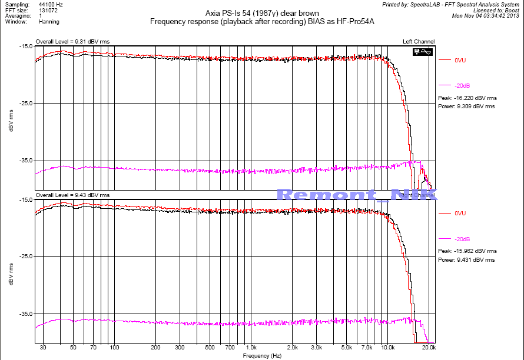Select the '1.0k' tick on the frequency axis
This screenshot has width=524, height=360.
click(x=251, y=348)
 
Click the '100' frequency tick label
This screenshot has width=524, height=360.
click(x=114, y=348)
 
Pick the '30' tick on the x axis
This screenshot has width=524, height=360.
click(x=43, y=348)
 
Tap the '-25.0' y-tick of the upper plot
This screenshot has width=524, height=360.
click(x=25, y=104)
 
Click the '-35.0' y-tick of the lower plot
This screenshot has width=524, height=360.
click(x=25, y=314)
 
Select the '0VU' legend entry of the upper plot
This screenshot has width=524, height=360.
click(x=460, y=60)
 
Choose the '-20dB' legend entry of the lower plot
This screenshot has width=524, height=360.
click(x=462, y=239)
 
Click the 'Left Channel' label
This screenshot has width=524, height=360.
click(x=419, y=41)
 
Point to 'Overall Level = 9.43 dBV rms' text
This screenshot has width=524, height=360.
click(x=72, y=195)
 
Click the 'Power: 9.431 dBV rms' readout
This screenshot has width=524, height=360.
click(x=467, y=259)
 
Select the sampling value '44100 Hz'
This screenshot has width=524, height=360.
click(x=51, y=4)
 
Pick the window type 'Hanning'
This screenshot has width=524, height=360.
click(x=49, y=22)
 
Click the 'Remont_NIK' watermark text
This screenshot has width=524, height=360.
click(x=356, y=195)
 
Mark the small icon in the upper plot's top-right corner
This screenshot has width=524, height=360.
click(x=423, y=52)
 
